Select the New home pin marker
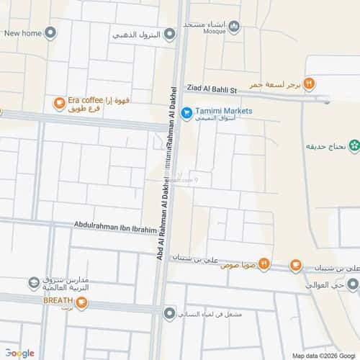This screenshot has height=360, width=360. pyautogui.click(x=50, y=33)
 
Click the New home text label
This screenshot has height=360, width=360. pyautogui.click(x=22, y=33)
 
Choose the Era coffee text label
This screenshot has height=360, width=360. pyautogui.click(x=85, y=101)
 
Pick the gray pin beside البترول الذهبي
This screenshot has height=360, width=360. pyautogui.click(x=168, y=34)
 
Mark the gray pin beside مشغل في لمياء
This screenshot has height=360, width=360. pyautogui.click(x=169, y=312)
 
